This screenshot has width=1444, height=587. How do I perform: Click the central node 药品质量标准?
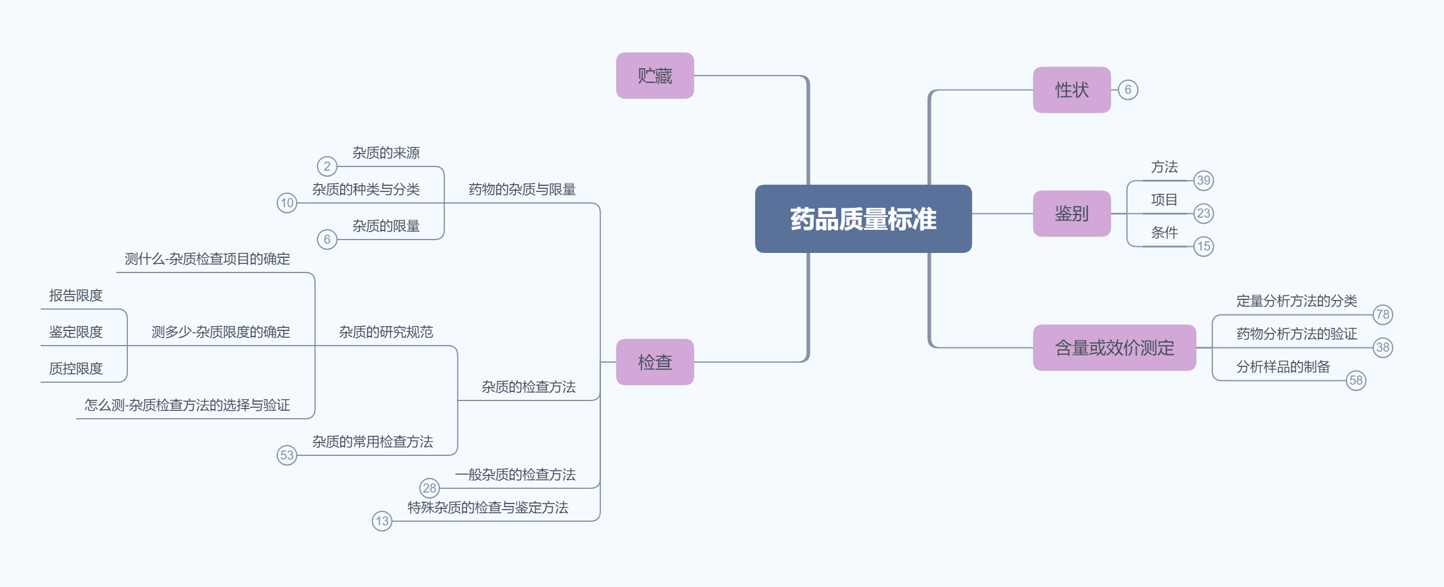point(863,219)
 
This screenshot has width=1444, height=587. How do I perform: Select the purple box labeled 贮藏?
point(655,76)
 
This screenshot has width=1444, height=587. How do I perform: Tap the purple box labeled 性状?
point(1072,90)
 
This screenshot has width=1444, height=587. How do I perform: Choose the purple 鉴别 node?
point(1072,213)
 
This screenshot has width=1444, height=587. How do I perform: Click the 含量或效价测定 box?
point(1114,347)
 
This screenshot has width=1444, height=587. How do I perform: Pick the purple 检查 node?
point(655,362)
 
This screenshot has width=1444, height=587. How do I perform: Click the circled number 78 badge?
point(1382,315)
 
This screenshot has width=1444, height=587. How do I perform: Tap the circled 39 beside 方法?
point(1203,180)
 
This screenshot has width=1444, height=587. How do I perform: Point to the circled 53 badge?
point(286,455)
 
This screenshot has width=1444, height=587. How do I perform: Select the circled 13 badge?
point(382,521)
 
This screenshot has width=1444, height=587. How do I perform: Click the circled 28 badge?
point(429,488)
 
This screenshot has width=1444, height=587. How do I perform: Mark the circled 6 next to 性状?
point(1128,90)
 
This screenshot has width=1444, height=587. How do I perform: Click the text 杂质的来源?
point(386,153)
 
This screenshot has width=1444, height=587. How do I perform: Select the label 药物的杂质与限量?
point(522,190)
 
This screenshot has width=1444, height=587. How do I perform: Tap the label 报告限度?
point(76,296)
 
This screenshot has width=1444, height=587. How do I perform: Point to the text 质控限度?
point(76,369)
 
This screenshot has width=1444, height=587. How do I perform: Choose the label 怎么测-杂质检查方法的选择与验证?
point(187,405)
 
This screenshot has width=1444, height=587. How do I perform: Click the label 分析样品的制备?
point(1283,367)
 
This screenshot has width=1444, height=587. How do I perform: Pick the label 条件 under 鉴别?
point(1164,233)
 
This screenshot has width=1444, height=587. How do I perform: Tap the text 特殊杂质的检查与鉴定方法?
point(488,508)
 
